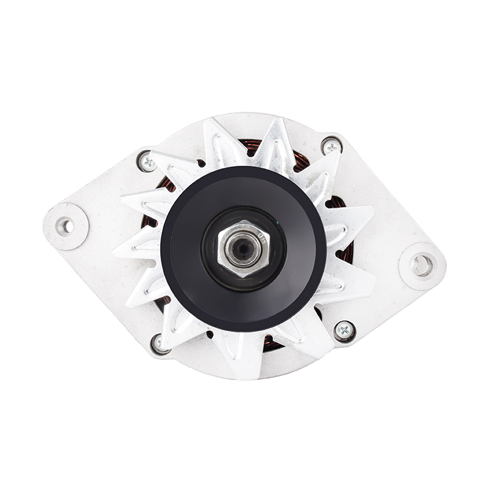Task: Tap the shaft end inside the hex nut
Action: coord(241,248)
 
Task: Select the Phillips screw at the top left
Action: coord(146,161)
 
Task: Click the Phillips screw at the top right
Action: coord(331,146)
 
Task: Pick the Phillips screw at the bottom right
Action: coord(344,331)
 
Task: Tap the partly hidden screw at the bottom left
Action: coord(160,343)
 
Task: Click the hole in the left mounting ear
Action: coord(64,226)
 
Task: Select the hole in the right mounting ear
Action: coord(422,265)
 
